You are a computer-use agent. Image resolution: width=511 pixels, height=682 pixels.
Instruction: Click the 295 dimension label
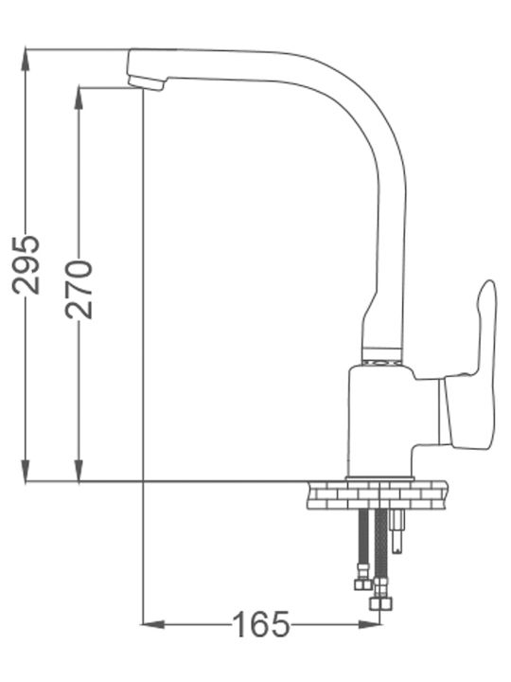pyautogui.click(x=26, y=265)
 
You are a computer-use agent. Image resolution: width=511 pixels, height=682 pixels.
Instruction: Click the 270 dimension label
pyautogui.click(x=79, y=289)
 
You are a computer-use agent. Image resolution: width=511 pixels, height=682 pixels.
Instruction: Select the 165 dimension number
pyautogui.click(x=261, y=624)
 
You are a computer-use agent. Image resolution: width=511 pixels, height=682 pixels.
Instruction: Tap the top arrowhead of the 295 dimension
pyautogui.click(x=26, y=59)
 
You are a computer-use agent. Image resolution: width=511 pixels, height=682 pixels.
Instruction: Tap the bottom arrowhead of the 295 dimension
pyautogui.click(x=26, y=472)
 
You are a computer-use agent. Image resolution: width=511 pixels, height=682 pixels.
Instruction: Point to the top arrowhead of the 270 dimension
pyautogui.click(x=79, y=98)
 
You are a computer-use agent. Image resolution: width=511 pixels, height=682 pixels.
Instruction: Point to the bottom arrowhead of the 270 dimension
pyautogui.click(x=79, y=472)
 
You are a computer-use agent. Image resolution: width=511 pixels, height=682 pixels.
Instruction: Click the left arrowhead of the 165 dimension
pyautogui.click(x=153, y=624)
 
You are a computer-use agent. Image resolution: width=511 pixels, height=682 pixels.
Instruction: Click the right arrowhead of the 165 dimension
pyautogui.click(x=369, y=624)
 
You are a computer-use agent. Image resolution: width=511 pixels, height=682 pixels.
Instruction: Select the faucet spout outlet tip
pyautogui.click(x=146, y=82)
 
